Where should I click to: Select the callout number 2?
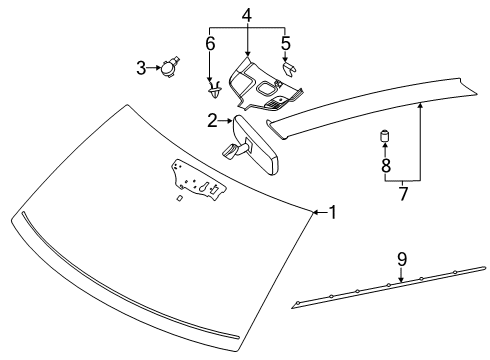pos(212,121)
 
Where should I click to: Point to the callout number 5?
pos(285,44)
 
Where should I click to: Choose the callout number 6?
pos(210,44)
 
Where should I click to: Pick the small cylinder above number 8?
pos(383,136)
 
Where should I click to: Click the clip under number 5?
pos(289,71)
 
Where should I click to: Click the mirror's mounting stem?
pos(231,149)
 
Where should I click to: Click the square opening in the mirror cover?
pos(268,89)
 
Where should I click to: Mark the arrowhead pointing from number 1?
pos(313,211)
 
